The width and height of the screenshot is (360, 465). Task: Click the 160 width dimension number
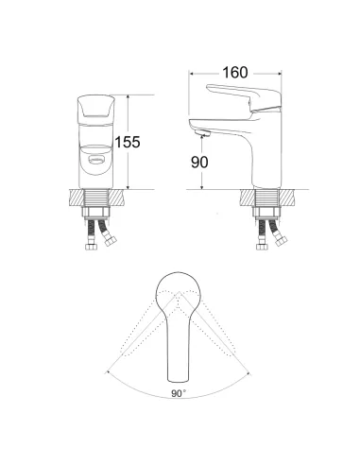click(235, 73)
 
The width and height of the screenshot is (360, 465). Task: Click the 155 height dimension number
click(128, 142)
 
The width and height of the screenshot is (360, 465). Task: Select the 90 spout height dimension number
click(199, 163)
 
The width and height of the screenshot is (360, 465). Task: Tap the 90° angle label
click(179, 393)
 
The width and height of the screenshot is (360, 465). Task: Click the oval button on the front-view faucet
click(96, 160)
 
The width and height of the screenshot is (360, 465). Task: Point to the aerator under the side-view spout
click(202, 133)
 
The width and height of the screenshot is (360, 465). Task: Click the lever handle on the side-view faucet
click(244, 97)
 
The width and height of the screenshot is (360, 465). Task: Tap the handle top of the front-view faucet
click(96, 110)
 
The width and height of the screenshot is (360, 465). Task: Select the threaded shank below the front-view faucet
click(96, 198)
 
